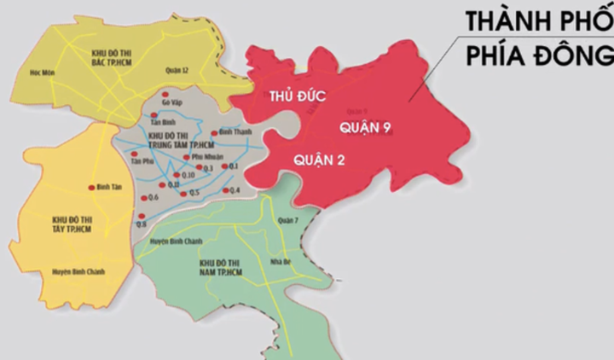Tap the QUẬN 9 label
click(359, 126)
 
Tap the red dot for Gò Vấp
click(165, 94)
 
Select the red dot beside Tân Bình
click(157, 113)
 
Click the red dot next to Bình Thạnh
click(214, 133)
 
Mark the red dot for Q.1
click(223, 165)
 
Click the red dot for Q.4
click(224, 189)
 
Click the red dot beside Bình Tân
click(90, 188)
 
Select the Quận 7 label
click(288, 220)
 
